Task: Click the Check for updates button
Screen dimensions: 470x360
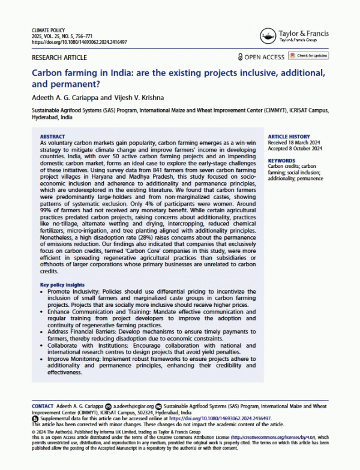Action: [x=310, y=56]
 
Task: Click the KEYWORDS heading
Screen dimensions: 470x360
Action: [x=281, y=161]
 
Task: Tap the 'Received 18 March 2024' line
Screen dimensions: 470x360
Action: [x=296, y=143]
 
